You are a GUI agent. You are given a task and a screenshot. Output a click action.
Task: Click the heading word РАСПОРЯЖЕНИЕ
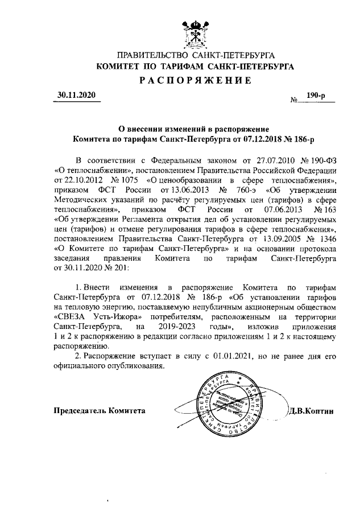[x=196, y=80]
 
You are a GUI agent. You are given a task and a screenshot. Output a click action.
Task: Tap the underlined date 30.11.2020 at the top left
[x=77, y=95]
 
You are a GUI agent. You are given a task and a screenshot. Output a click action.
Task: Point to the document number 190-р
[x=316, y=97]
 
